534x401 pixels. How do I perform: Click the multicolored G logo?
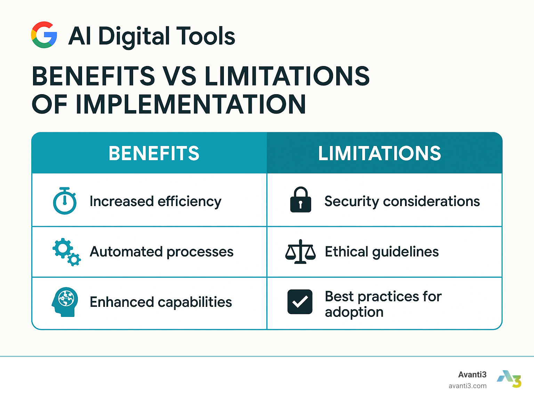tap(44, 35)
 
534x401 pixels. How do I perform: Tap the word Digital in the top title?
tap(133, 37)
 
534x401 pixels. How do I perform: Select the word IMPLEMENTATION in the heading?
tap(191, 104)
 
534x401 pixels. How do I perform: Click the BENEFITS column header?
tap(154, 153)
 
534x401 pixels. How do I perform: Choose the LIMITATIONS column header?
tap(380, 153)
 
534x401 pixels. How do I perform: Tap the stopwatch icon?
tap(65, 201)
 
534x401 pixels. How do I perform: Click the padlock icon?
tap(301, 200)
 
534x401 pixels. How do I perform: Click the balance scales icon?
tap(300, 252)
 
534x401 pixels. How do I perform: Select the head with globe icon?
tap(65, 302)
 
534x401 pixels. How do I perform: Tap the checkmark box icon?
tap(300, 302)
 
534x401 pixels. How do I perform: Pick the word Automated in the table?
tap(126, 252)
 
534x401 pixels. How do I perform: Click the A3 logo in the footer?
tap(509, 379)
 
